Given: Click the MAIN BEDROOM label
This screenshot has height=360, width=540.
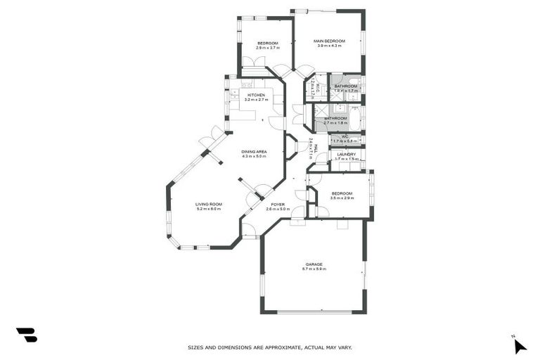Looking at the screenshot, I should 328,41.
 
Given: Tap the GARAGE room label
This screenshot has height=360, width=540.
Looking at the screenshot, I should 314,264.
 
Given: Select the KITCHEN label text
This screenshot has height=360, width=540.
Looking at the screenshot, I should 255,95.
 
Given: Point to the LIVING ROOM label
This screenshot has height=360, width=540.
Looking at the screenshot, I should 208,204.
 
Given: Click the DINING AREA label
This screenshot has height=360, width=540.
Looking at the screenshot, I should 254,152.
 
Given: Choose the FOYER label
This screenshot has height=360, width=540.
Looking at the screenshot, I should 278,204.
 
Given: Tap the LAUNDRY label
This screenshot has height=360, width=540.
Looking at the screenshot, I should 346,154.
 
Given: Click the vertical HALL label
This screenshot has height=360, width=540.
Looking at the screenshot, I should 316,148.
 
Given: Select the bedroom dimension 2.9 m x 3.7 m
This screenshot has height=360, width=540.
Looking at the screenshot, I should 268,48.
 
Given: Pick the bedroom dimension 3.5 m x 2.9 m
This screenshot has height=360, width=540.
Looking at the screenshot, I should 342,198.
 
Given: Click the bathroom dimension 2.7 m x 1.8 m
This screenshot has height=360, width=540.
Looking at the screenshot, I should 335,123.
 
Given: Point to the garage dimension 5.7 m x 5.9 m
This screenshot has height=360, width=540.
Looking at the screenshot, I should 314,269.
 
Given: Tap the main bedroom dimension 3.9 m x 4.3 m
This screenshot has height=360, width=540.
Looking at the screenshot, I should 328,46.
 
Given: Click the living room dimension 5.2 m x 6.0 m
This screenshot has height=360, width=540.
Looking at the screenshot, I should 208,209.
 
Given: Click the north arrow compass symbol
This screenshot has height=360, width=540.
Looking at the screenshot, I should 519,345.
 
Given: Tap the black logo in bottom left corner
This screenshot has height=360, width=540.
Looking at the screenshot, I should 26,335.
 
